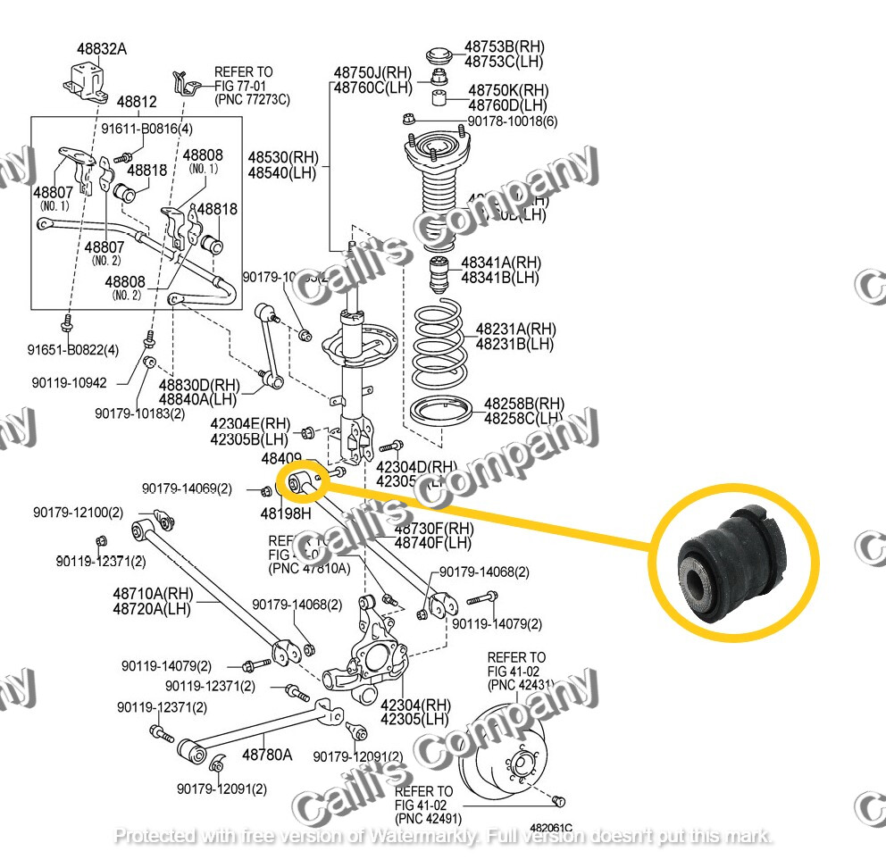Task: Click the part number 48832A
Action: (x=101, y=49)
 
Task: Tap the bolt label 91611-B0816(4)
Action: (x=146, y=129)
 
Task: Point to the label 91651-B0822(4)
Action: (x=72, y=349)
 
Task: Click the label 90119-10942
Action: (x=69, y=382)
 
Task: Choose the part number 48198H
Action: (x=285, y=513)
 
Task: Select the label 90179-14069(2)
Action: (x=187, y=488)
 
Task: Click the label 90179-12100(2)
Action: (x=79, y=513)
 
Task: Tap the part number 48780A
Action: (x=266, y=755)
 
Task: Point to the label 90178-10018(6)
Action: (x=513, y=121)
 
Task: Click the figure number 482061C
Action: (x=550, y=829)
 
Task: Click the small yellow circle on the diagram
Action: (x=304, y=482)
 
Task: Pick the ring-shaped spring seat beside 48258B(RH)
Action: (x=443, y=413)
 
